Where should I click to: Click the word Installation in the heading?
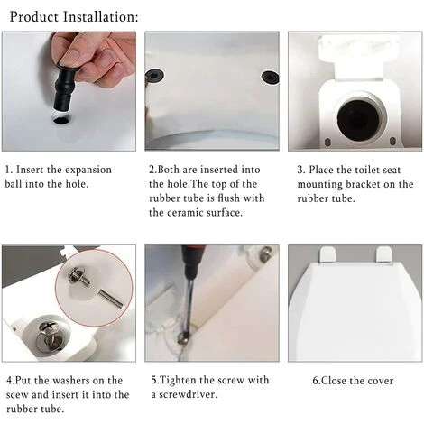click(x=101, y=17)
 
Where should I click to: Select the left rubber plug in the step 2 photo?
click(x=154, y=76)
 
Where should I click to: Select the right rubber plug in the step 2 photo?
click(x=270, y=78)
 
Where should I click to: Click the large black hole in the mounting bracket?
click(x=357, y=118)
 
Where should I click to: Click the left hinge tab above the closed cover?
click(x=327, y=254)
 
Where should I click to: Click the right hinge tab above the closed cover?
click(x=384, y=254)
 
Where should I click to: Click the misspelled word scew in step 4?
click(x=17, y=395)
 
